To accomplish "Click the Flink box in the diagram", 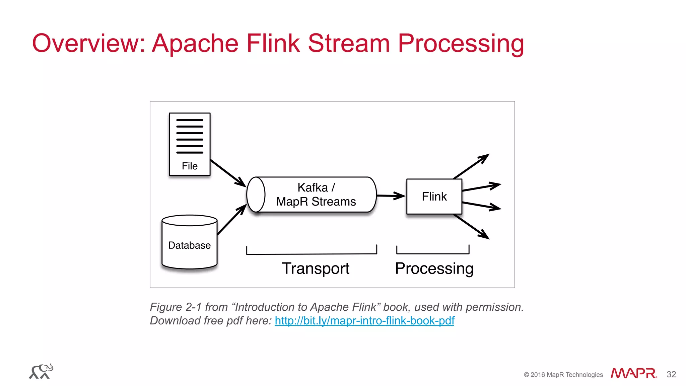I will pos(434,197).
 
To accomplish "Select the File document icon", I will pos(190,144).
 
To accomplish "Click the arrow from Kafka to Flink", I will pos(391,196).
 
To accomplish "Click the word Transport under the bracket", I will pos(315,268).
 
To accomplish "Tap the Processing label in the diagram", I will pos(434,268).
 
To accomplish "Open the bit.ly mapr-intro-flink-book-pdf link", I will pos(364,321).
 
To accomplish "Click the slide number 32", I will pos(671,374).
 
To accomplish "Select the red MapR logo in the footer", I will pos(633,373).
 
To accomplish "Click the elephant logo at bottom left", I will pos(41,371).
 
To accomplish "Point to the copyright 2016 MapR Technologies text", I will pos(563,375).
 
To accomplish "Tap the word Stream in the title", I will pos(349,44).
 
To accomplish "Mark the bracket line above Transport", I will pos(312,254).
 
